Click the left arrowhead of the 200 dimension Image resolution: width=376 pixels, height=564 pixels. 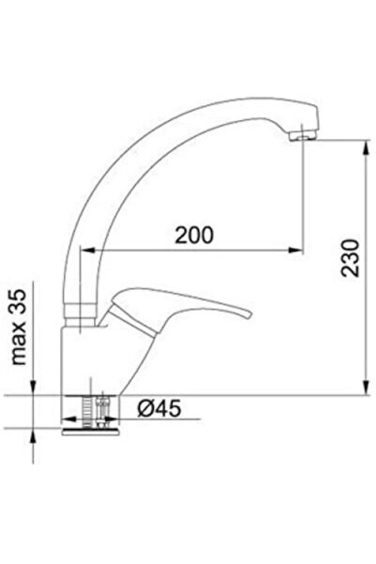85,250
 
